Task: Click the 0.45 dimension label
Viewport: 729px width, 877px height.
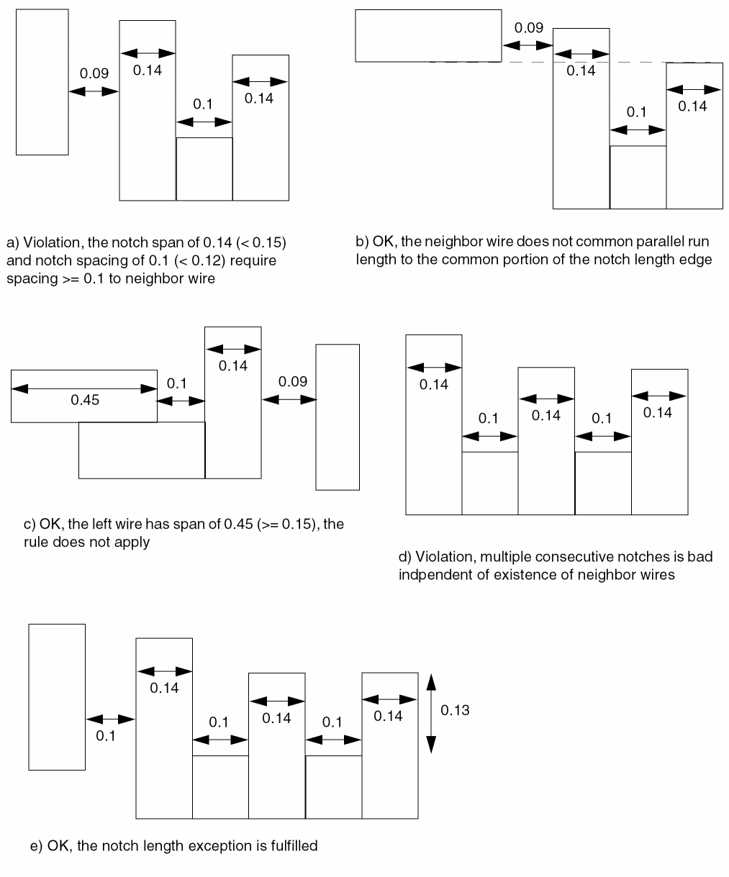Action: tap(84, 401)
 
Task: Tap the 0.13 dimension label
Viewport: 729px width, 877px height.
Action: tap(455, 710)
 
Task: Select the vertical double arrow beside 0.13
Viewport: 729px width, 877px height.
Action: tap(430, 712)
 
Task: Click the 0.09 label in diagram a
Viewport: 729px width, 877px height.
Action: tap(94, 73)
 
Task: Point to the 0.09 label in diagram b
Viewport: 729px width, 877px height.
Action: tap(529, 28)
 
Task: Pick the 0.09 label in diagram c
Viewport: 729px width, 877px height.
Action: tap(293, 381)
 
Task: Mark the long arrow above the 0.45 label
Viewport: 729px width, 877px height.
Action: tap(84, 388)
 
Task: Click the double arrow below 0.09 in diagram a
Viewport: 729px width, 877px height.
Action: tap(94, 91)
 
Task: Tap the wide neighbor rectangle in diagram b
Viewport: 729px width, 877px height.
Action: tap(428, 35)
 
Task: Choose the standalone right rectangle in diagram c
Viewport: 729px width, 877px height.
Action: tap(338, 417)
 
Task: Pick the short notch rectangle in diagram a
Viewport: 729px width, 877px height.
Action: tap(204, 169)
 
